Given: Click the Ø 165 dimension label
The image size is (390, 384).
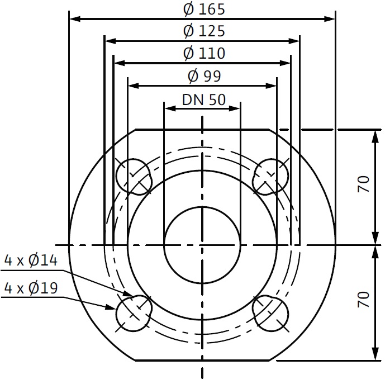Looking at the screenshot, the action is coord(204,10).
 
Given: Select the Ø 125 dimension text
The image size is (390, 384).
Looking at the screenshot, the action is coord(204,31).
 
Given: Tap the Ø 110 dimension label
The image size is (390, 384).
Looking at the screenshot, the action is coord(204,53).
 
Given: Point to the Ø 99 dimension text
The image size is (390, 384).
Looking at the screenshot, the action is coord(204,76).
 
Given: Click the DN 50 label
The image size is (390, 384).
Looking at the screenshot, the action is coord(204,100).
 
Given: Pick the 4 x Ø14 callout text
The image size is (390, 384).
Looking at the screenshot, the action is coord(31,260).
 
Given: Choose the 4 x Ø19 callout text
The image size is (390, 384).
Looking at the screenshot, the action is coord(31,288).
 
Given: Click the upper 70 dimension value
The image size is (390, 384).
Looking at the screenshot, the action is coord(363,184).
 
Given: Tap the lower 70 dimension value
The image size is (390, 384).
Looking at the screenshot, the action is coord(363,300).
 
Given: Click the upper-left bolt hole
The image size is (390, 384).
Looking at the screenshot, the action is coord(134,177).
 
